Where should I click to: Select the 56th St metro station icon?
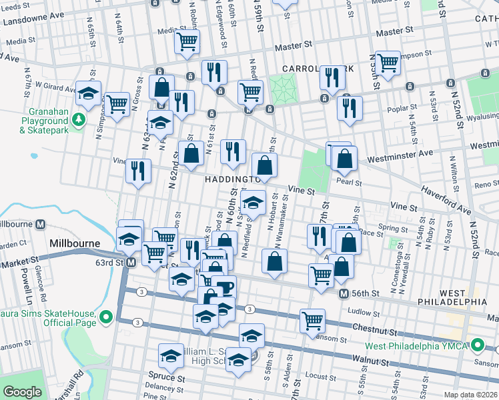tap(344, 294)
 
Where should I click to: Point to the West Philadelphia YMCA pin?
tap(478, 345)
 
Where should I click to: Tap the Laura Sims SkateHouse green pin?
tap(105, 315)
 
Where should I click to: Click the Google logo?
tap(22, 392)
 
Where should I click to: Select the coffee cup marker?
tap(225, 288)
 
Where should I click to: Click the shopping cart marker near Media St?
tap(187, 42)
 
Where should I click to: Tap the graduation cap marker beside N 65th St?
tap(89, 95)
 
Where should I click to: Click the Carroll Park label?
tap(307, 69)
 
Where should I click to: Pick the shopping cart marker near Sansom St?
tap(312, 321)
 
